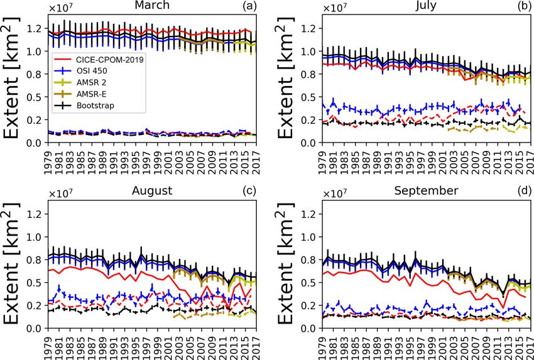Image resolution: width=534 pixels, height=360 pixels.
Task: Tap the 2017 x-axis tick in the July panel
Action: [530, 158]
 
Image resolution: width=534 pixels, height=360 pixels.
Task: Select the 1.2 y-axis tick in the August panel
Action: [35, 214]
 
